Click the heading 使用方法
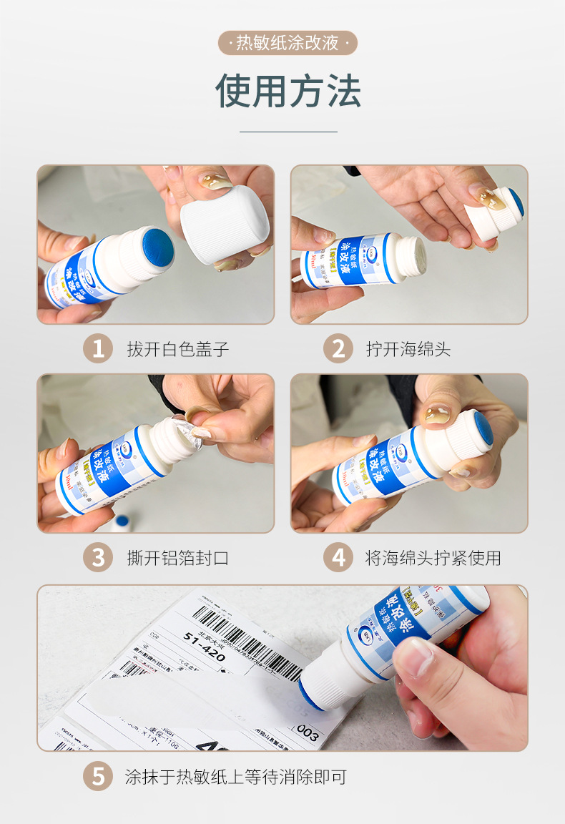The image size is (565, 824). coord(288,91)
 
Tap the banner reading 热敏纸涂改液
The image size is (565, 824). coord(288,43)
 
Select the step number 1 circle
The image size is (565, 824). coord(98,349)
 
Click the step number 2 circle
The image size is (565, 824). coord(338,349)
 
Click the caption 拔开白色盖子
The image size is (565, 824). coord(178,350)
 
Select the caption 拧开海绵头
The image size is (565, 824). coord(408,350)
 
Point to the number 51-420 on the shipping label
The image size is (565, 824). coord(204,644)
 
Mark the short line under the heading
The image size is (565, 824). coord(288,132)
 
